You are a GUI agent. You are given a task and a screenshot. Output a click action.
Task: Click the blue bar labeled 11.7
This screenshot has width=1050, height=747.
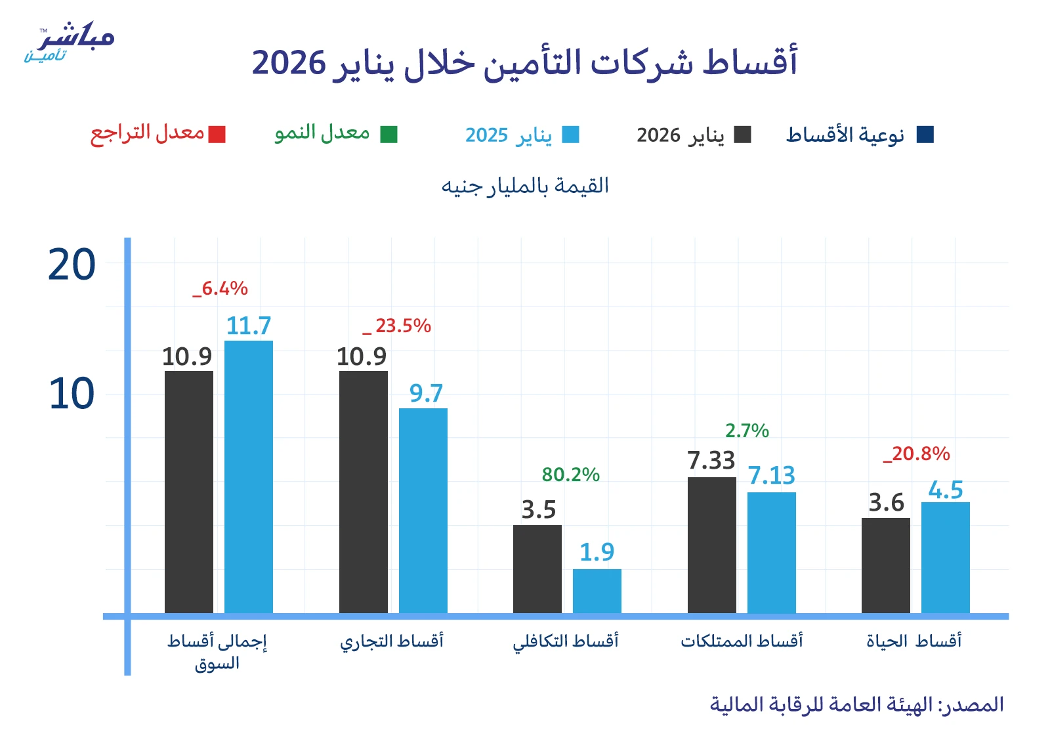[x=249, y=477]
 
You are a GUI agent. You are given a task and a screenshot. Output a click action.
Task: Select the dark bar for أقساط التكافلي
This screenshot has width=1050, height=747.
[x=537, y=569]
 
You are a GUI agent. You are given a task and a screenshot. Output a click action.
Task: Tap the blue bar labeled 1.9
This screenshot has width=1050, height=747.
[x=597, y=591]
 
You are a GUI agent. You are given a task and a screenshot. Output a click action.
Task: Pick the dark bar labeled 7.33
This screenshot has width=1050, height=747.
[x=712, y=545]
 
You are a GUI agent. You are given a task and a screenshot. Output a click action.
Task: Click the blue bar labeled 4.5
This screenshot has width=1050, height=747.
[x=946, y=557]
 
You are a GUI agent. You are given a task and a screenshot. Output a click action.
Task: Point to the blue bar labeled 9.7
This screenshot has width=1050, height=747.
[x=423, y=511]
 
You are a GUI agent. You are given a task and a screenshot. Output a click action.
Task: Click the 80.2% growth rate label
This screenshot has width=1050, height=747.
[x=570, y=475]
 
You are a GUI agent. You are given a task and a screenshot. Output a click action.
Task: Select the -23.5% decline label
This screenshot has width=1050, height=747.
[x=398, y=326]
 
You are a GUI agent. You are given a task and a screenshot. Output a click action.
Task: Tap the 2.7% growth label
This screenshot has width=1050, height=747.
[x=747, y=431]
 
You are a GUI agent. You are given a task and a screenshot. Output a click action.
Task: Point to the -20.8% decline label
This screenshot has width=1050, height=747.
[x=917, y=454]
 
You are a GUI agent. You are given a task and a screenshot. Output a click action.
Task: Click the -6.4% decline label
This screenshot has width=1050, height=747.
[x=220, y=288]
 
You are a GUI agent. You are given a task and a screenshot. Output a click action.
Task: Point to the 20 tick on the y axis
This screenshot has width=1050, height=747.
[x=72, y=265]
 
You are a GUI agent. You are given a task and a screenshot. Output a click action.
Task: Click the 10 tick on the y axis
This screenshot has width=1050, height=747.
[x=72, y=395]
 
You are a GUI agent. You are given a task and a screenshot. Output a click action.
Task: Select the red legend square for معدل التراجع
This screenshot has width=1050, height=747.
[x=217, y=135]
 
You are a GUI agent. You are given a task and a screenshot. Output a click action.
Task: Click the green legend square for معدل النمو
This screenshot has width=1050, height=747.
[x=389, y=135]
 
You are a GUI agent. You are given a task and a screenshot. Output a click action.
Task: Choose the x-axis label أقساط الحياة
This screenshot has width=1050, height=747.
[x=913, y=641]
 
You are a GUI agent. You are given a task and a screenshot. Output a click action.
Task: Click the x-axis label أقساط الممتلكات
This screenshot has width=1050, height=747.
[x=742, y=641]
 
